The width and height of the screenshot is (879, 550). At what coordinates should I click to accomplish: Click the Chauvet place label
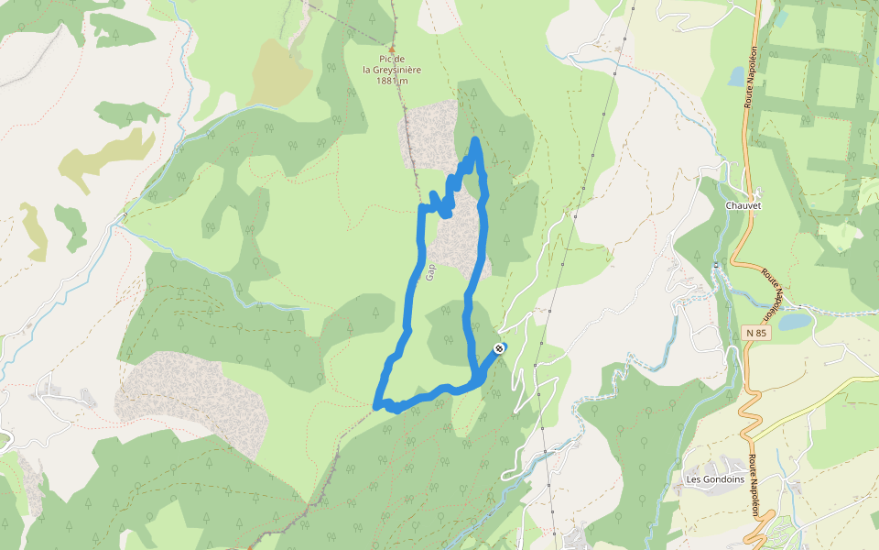tap(743, 205)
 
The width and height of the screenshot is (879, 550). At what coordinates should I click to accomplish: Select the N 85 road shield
tap(755, 332)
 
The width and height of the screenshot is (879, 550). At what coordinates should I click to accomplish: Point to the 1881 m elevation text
tap(392, 81)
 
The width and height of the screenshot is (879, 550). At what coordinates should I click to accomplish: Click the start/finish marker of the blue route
tap(499, 348)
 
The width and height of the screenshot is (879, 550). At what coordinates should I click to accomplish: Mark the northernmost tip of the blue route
tap(476, 140)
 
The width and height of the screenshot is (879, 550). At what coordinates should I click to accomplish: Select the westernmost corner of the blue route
tap(376, 404)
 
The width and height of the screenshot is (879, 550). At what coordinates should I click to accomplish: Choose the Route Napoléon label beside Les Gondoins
tap(755, 486)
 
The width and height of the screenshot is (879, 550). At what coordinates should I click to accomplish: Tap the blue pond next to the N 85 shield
tap(793, 322)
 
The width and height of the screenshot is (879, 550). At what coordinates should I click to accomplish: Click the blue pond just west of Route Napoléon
tap(736, 76)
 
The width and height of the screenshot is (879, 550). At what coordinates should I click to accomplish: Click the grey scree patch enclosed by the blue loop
tap(458, 238)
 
